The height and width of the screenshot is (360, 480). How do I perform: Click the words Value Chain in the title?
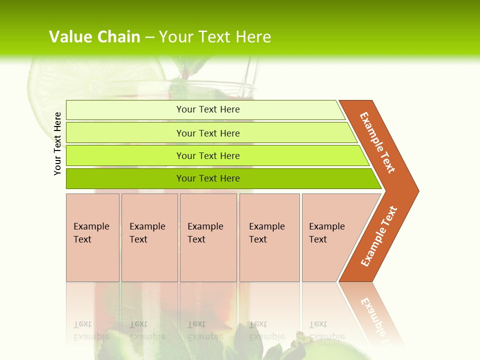point(94,37)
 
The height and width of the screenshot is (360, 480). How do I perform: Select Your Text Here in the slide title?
point(215,37)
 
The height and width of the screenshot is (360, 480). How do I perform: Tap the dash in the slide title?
point(149,37)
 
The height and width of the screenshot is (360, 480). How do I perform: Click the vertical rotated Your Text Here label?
point(57,143)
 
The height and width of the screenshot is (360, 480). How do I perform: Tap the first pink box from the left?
point(92,237)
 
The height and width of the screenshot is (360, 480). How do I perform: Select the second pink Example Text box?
point(149,237)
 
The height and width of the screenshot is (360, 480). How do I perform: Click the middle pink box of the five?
point(208,237)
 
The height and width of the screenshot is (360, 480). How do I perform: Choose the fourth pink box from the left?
point(269,237)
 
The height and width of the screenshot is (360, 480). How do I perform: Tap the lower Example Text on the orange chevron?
point(379,236)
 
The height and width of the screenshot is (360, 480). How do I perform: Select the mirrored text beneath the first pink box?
point(91,330)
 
